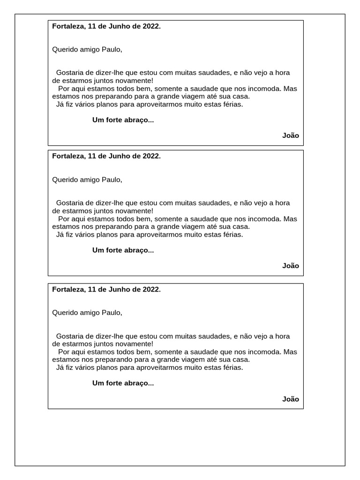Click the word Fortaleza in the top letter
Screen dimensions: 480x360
(68, 26)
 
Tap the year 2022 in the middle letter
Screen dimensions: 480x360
(151, 156)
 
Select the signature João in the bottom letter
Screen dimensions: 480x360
(291, 399)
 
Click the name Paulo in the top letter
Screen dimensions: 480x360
(112, 49)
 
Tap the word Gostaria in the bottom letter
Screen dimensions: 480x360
(69, 336)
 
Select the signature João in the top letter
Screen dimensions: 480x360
(291, 135)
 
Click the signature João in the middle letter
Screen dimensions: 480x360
(291, 265)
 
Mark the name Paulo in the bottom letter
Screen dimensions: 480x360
(112, 313)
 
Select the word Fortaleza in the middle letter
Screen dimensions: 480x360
(68, 156)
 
